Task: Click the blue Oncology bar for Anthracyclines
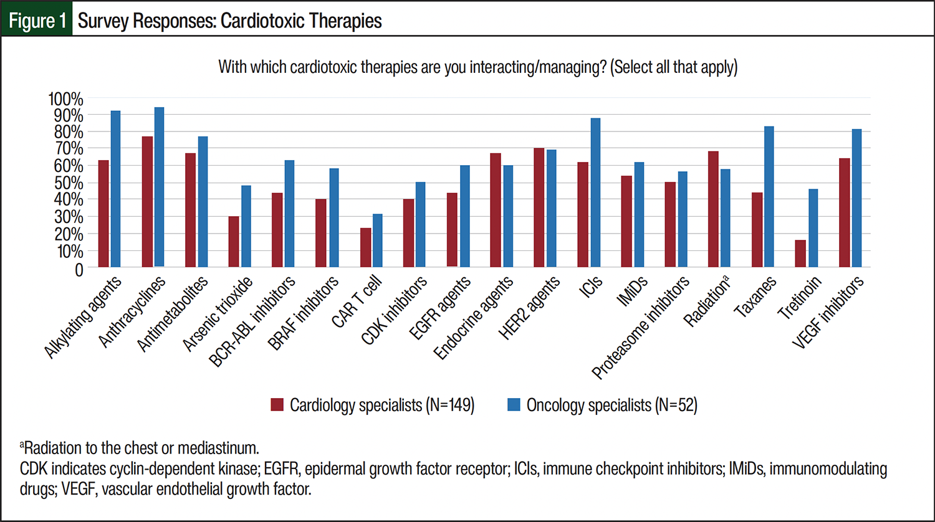pyautogui.click(x=159, y=187)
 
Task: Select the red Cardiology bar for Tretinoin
pyautogui.click(x=800, y=254)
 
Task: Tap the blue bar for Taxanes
pyautogui.click(x=769, y=197)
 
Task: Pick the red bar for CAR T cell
pyautogui.click(x=365, y=247)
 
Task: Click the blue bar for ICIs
pyautogui.click(x=595, y=192)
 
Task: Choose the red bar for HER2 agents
pyautogui.click(x=539, y=207)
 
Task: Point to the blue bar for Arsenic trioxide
pyautogui.click(x=246, y=226)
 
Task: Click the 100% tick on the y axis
pyautogui.click(x=65, y=98)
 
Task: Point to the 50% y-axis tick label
pyautogui.click(x=65, y=183)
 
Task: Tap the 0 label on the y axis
pyautogui.click(x=79, y=269)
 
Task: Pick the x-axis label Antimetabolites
pyautogui.click(x=173, y=315)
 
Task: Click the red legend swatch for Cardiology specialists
pyautogui.click(x=277, y=405)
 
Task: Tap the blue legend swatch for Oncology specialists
pyautogui.click(x=514, y=405)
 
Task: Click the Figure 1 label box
pyautogui.click(x=37, y=21)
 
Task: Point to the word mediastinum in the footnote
pyautogui.click(x=218, y=448)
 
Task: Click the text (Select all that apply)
pyautogui.click(x=674, y=67)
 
